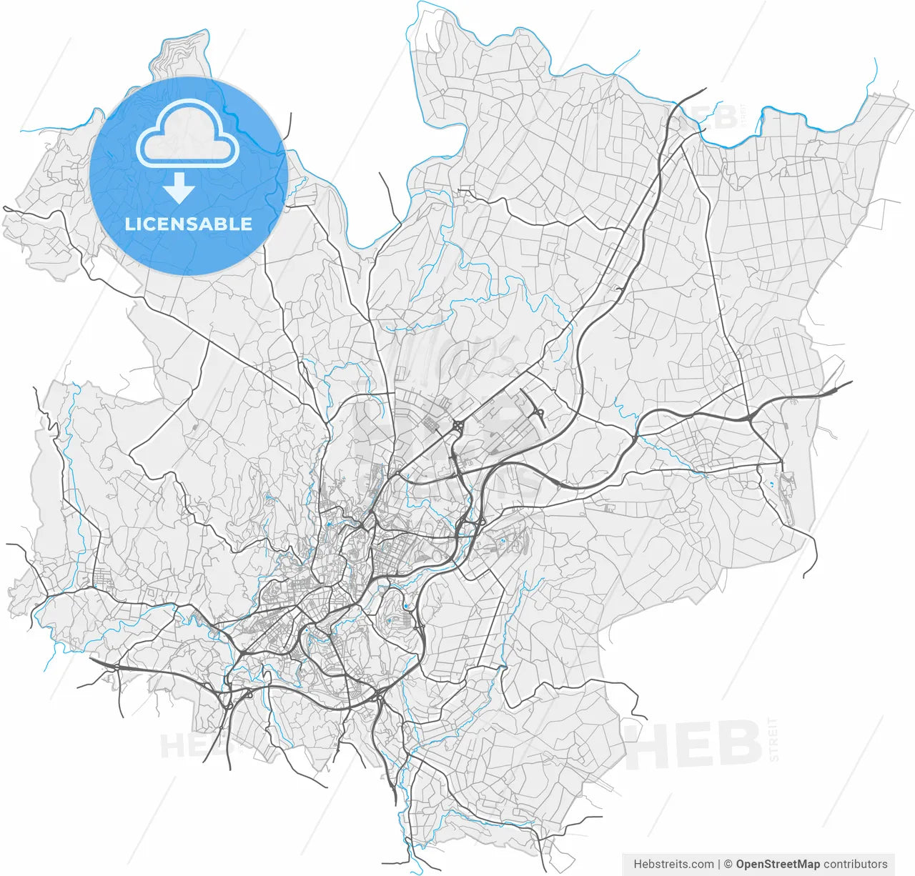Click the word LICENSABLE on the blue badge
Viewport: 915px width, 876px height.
pos(189,224)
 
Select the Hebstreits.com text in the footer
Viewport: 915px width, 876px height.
pos(673,864)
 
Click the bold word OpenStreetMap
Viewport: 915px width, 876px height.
pos(778,864)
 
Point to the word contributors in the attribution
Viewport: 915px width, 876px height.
pos(856,864)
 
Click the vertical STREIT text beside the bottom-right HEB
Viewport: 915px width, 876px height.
pos(773,740)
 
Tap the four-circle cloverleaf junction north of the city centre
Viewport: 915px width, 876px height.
pos(457,427)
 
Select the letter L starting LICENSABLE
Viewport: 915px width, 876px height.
pos(129,224)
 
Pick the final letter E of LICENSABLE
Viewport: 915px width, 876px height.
pos(247,224)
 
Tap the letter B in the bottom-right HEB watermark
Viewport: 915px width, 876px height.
pos(737,745)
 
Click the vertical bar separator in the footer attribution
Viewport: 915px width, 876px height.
pos(719,864)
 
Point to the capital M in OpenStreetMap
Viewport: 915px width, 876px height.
pos(802,864)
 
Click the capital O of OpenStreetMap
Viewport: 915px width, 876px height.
pos(741,864)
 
